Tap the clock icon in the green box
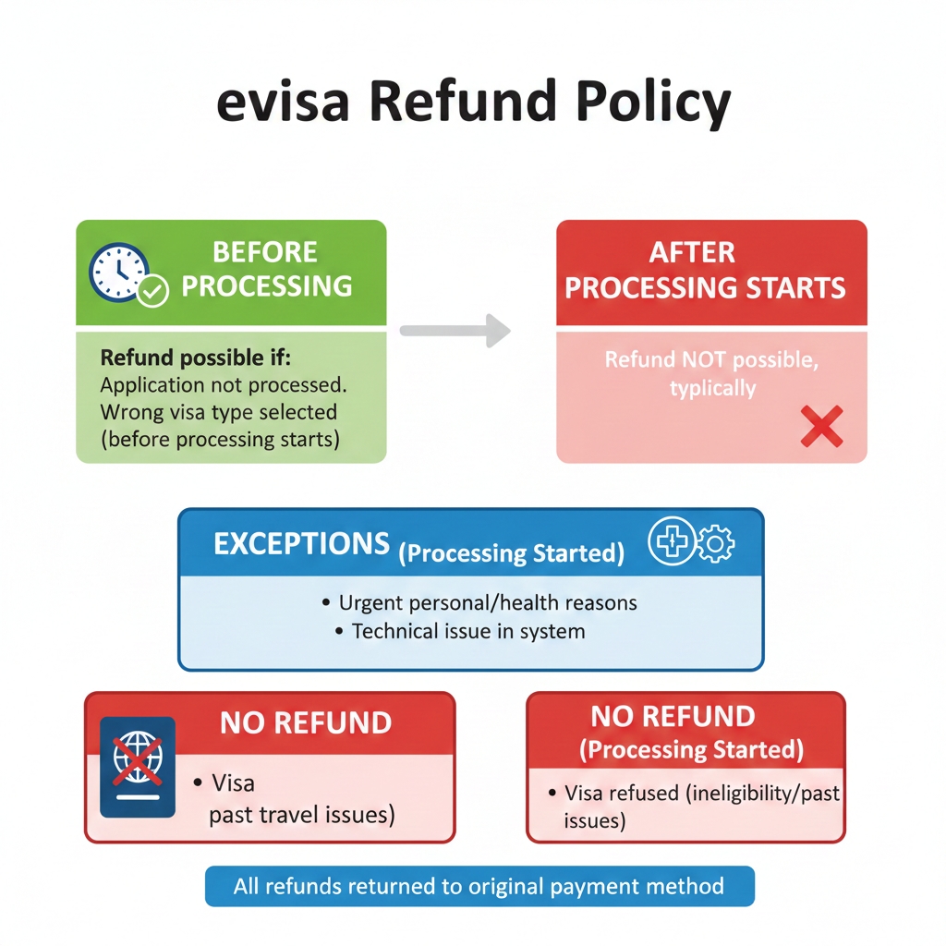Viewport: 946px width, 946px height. [117, 272]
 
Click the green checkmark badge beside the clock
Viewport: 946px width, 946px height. [152, 292]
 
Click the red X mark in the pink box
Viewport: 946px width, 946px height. [821, 427]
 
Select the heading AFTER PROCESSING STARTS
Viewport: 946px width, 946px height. [706, 270]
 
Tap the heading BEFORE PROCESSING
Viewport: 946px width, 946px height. [266, 269]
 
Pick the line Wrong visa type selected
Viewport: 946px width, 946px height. [218, 411]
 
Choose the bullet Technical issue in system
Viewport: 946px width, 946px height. [468, 632]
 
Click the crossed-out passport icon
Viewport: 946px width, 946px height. [138, 767]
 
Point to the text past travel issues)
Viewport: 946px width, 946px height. [302, 815]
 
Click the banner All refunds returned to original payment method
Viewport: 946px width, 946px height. [479, 887]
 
